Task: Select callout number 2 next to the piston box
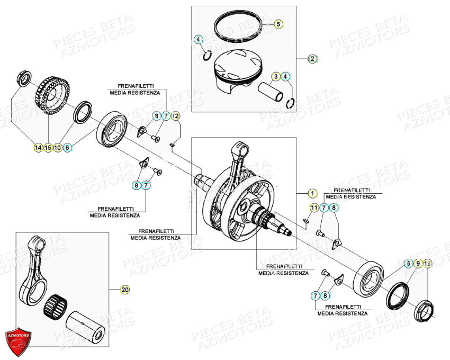(313, 59)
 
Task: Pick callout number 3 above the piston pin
(276, 77)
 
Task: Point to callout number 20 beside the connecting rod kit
(125, 289)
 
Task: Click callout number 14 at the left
(38, 148)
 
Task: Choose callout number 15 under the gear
(48, 148)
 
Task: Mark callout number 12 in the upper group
(175, 115)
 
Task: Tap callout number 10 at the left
(58, 148)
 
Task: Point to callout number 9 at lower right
(418, 263)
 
